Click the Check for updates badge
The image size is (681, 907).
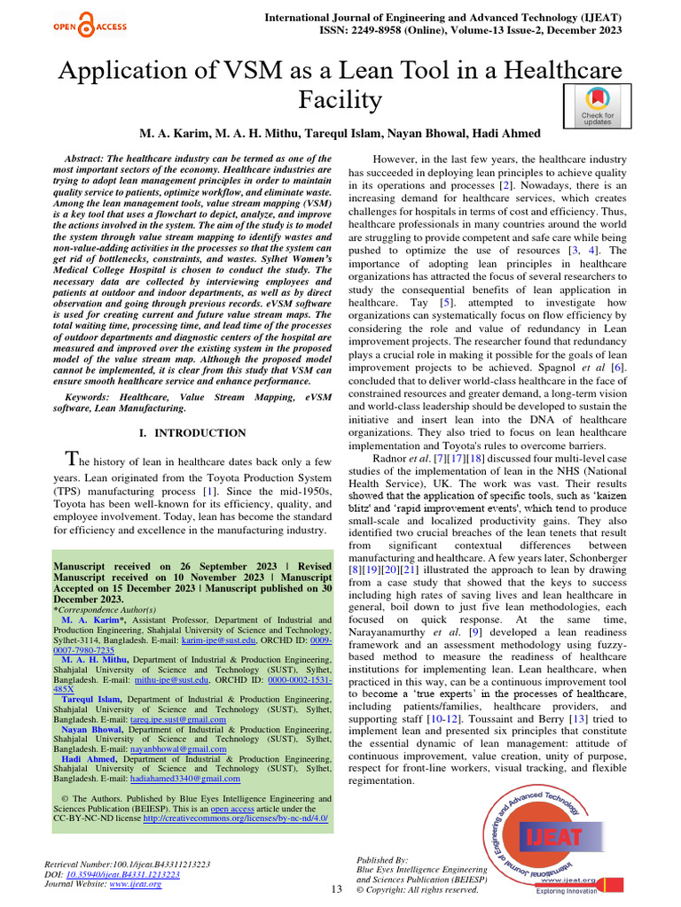[x=597, y=106]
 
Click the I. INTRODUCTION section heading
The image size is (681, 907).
[x=194, y=433]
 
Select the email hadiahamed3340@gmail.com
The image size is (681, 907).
[x=184, y=779]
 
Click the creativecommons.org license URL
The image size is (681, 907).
[x=235, y=818]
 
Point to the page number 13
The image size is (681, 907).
[x=336, y=888]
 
